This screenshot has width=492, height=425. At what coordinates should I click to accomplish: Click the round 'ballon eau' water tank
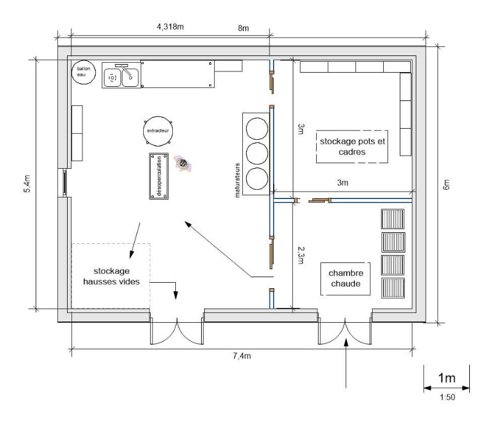coord(84,72)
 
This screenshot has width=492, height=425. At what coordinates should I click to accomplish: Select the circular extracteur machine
coord(158,131)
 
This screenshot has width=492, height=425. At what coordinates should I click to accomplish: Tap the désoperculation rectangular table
coord(159,176)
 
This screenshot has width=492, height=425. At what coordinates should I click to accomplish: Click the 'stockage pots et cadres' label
coord(352,147)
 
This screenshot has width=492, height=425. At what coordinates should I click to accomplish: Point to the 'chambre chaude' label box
coord(346,279)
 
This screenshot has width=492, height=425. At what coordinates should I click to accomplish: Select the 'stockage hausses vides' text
coord(111,276)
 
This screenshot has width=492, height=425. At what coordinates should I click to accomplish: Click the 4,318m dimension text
coord(170,26)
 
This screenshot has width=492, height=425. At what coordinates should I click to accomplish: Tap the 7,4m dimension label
coord(242,356)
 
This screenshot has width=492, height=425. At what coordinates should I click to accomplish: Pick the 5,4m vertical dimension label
coord(27,184)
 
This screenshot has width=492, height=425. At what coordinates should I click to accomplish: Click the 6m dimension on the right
coord(446,185)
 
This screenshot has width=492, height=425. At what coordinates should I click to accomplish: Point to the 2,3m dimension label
coord(301,255)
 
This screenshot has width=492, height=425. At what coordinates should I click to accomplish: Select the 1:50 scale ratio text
coord(448,397)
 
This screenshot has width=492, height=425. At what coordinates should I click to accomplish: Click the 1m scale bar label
coord(447,378)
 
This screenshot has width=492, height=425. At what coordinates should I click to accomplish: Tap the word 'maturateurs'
coord(237,180)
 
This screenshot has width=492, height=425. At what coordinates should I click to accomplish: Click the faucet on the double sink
coord(125,70)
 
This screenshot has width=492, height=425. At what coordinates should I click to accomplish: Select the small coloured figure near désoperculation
coord(183,163)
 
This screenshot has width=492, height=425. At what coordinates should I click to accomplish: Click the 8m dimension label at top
coord(244,28)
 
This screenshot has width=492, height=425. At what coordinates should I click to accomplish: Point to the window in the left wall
coord(65,183)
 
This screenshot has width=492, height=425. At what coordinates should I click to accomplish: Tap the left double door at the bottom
coord(177,330)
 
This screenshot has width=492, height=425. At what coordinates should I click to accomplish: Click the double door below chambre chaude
coord(345,330)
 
